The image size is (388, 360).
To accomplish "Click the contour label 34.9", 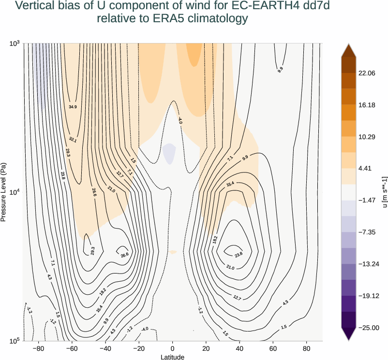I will [73, 107].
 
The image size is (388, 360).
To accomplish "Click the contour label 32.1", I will [73, 139].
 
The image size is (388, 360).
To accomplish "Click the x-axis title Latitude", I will [173, 357].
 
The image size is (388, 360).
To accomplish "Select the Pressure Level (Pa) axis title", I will [4, 192].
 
